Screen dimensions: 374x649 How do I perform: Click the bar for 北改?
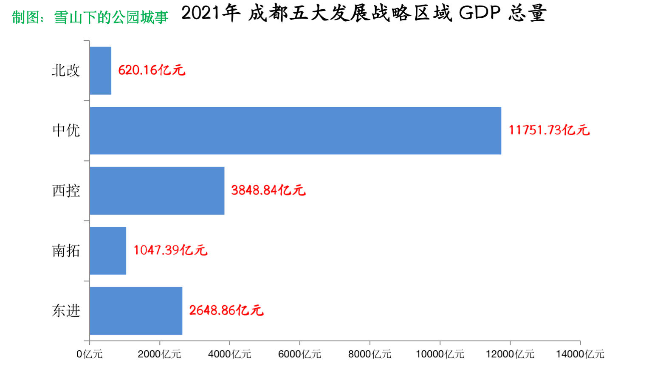pos(101,70)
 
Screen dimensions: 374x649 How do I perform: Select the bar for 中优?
pos(295,131)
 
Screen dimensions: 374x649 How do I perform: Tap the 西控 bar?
pos(157,190)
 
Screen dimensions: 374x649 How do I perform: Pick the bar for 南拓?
pos(108,251)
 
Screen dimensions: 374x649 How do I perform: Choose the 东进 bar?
pos(136,311)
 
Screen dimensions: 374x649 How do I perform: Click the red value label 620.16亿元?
pos(152,70)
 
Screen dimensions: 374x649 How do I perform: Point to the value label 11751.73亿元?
pos(549,130)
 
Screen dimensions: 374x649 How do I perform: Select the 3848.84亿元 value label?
pos(268,190)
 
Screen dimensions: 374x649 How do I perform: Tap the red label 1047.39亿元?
pos(170,250)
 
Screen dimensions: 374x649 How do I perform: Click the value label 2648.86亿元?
pos(226,310)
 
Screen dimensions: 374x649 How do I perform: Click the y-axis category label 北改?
pos(66,70)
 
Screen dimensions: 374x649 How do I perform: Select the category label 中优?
pos(66,130)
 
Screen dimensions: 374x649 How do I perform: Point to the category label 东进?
pos(66,311)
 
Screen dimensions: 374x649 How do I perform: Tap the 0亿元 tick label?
pos(90,354)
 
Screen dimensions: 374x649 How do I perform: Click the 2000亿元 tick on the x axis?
pos(159,354)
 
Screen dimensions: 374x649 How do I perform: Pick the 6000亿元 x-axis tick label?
pos(299,354)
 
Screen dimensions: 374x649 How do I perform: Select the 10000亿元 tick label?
pos(440,354)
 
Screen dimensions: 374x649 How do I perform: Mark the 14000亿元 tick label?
pos(580,354)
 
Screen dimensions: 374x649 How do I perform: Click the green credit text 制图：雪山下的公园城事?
pos(90,17)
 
